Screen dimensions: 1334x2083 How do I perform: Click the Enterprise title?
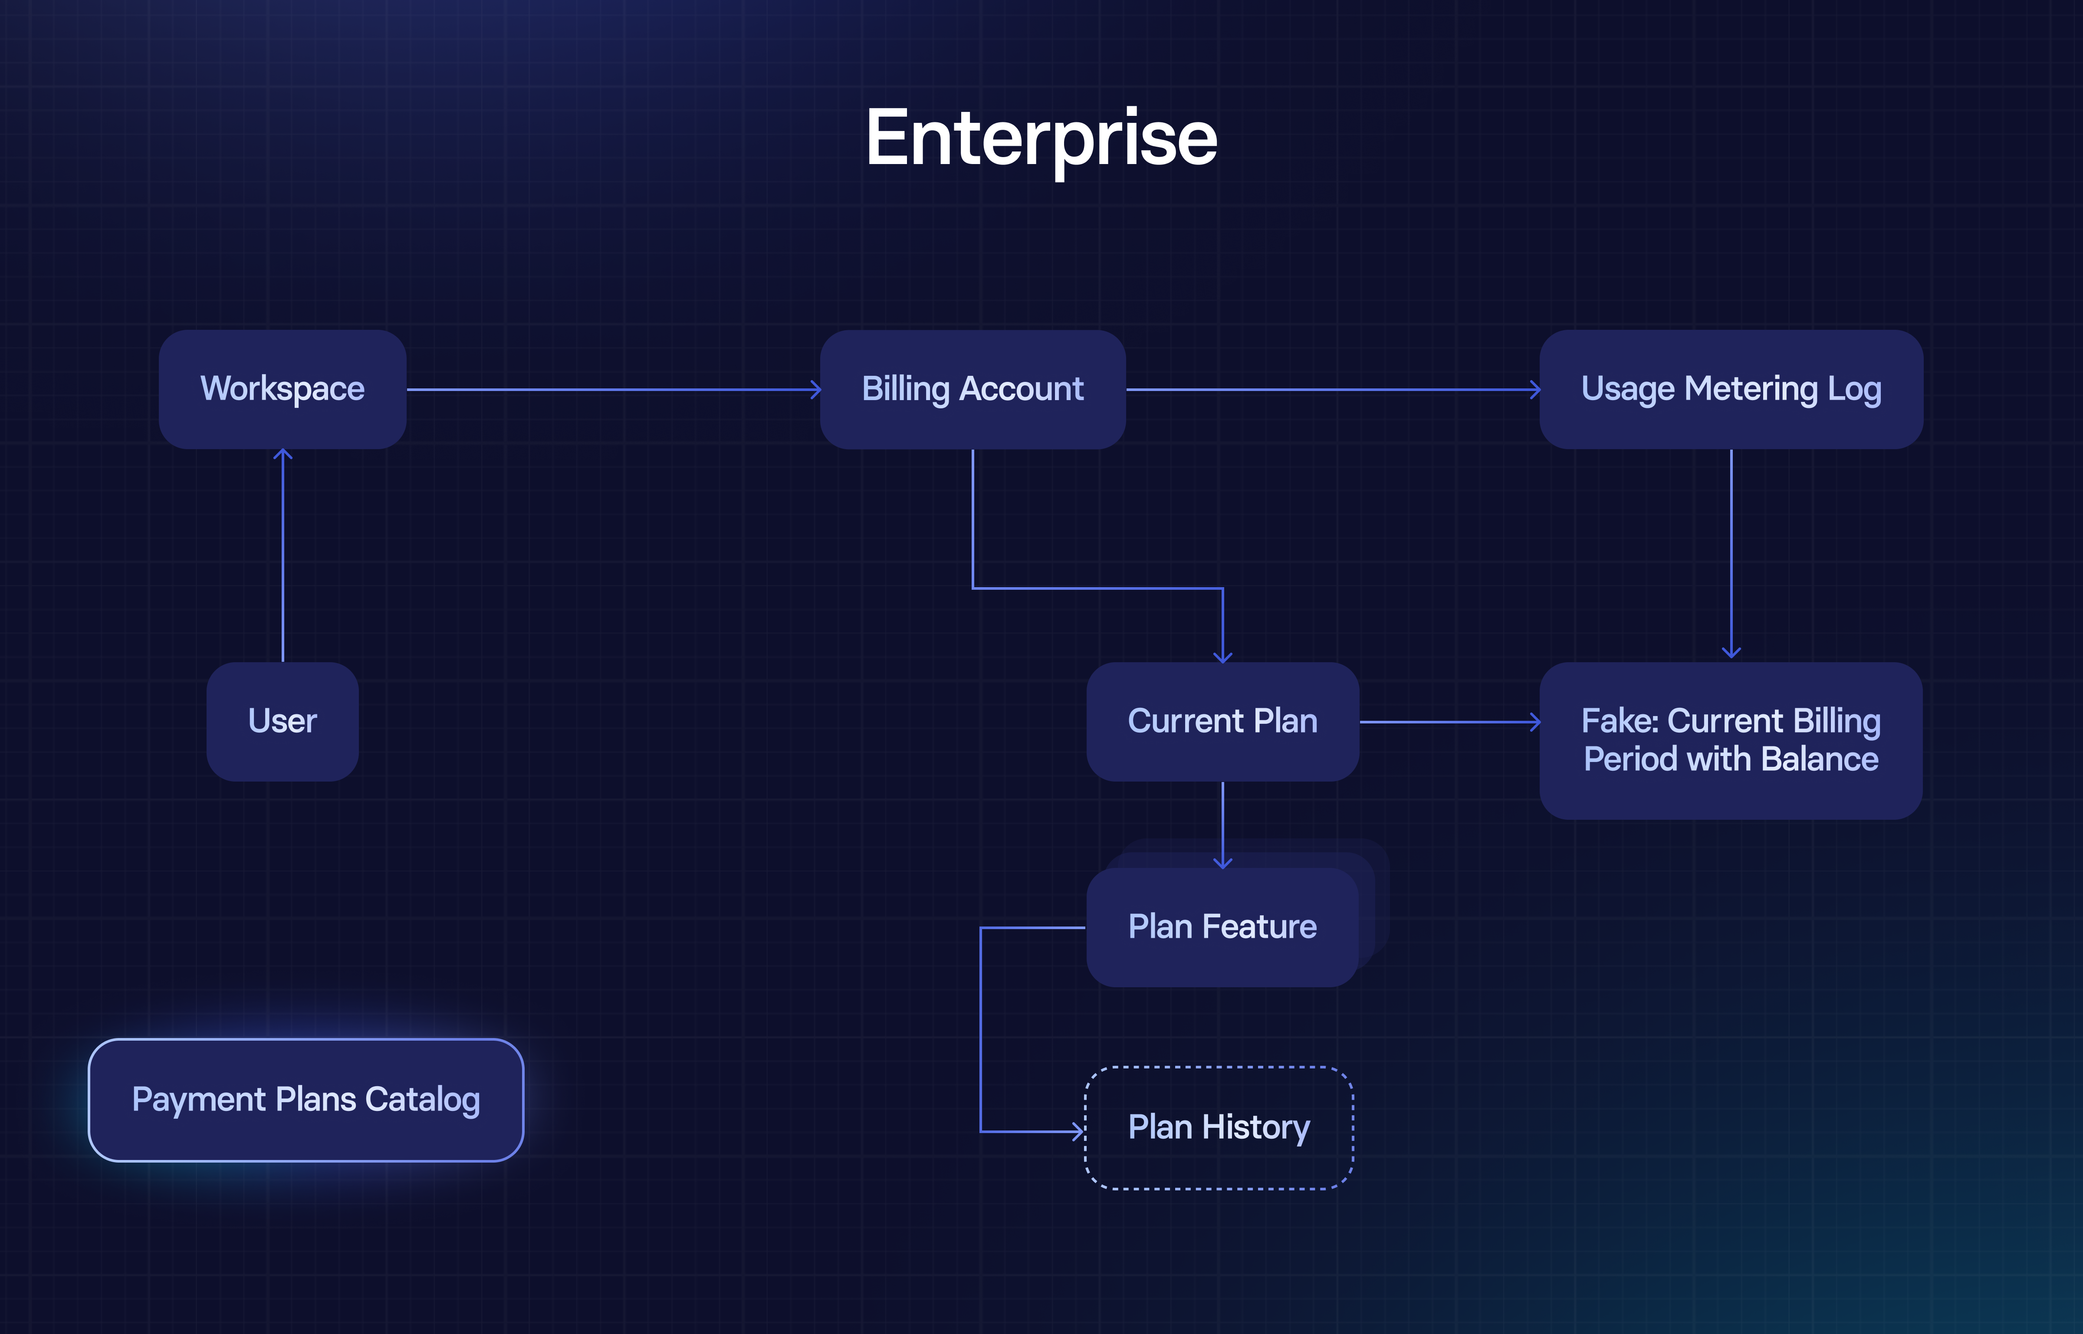(1041, 138)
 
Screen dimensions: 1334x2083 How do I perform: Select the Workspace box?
(283, 389)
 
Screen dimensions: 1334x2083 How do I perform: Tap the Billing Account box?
(973, 389)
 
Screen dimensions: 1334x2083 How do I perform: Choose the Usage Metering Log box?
(1731, 389)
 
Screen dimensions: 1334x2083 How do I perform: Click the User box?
(283, 722)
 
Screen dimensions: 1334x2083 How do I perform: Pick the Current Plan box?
(1222, 722)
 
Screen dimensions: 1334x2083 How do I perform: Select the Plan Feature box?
(1222, 927)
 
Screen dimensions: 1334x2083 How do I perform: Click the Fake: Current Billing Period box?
(1731, 741)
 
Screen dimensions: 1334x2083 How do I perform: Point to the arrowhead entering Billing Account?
(816, 390)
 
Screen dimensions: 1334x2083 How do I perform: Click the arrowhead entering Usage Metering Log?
(1536, 390)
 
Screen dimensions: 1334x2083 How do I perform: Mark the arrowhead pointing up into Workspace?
(283, 454)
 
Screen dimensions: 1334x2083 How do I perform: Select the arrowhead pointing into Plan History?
(1079, 1131)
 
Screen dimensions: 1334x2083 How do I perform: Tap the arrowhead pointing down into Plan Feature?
(1222, 863)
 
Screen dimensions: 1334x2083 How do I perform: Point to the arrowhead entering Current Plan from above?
(1222, 657)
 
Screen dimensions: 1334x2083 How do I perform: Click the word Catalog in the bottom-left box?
(423, 1100)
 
